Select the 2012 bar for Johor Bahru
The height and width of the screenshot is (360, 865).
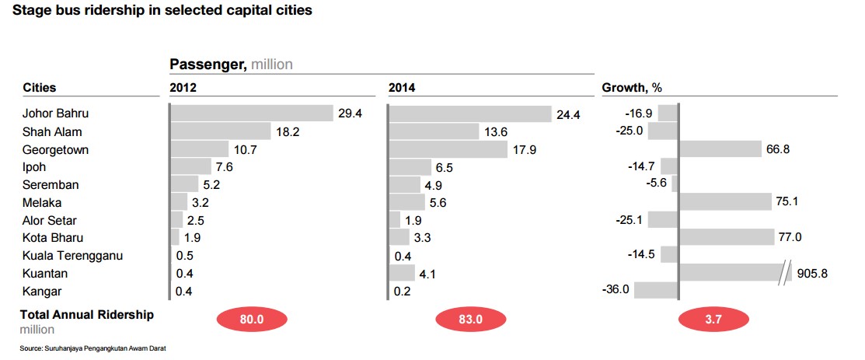pyautogui.click(x=253, y=114)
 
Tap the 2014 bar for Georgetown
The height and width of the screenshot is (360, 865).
pyautogui.click(x=448, y=149)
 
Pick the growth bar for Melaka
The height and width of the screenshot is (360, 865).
pyautogui.click(x=725, y=201)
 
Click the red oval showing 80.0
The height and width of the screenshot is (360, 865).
pyautogui.click(x=252, y=320)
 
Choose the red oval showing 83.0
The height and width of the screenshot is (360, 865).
pyautogui.click(x=470, y=320)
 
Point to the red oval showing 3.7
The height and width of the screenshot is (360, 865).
pyautogui.click(x=713, y=320)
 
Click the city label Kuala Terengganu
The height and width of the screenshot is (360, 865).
pyautogui.click(x=72, y=256)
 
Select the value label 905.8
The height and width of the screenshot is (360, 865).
pyautogui.click(x=813, y=274)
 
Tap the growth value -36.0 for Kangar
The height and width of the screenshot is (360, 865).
pyautogui.click(x=617, y=289)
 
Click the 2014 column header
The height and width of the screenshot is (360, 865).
pyautogui.click(x=402, y=88)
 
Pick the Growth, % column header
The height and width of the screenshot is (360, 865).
pyautogui.click(x=632, y=88)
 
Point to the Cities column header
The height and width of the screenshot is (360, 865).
pyautogui.click(x=39, y=88)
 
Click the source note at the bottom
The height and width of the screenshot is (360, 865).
pyautogui.click(x=92, y=348)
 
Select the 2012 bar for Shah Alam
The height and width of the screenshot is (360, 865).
pyautogui.click(x=221, y=131)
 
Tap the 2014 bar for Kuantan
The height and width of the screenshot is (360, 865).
pyautogui.click(x=402, y=273)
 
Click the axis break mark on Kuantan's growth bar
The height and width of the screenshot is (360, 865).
pyautogui.click(x=783, y=274)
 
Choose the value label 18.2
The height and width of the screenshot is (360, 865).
pyautogui.click(x=288, y=131)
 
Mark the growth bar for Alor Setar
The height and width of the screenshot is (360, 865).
pyautogui.click(x=662, y=220)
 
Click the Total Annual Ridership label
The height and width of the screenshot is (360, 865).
pyautogui.click(x=87, y=315)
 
